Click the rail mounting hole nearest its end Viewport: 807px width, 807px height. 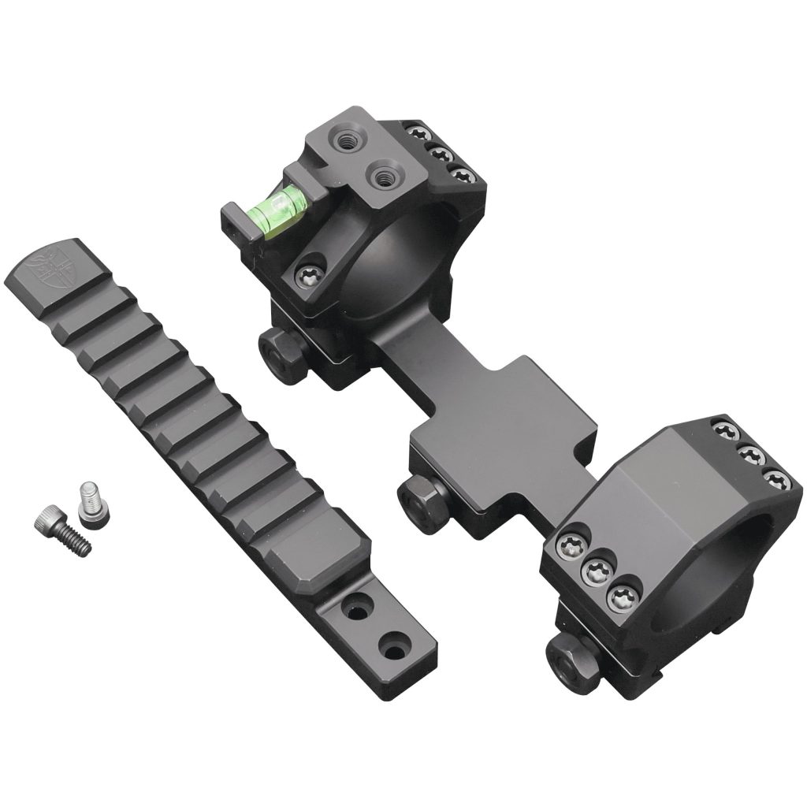click(x=391, y=650)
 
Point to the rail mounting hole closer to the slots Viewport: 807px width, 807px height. click(x=351, y=608)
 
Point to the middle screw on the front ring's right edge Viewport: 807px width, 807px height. click(x=751, y=456)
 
